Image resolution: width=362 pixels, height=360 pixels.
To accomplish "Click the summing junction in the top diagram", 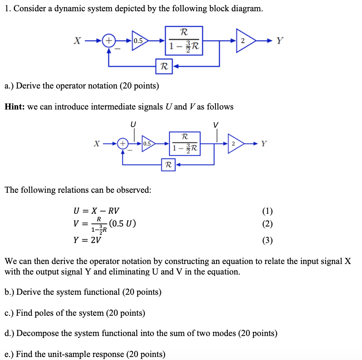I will click(x=109, y=40).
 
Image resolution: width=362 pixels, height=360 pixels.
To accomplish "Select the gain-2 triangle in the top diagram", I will click(x=244, y=41).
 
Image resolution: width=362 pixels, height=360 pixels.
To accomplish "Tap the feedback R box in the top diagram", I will click(x=164, y=66).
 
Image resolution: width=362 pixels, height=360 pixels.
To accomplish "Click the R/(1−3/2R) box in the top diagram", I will click(x=184, y=40).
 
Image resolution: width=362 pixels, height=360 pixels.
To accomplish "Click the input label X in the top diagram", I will click(x=77, y=41).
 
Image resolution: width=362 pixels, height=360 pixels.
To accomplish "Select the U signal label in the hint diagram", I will click(x=133, y=123).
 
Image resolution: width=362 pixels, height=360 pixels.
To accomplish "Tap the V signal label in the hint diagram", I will click(x=215, y=124).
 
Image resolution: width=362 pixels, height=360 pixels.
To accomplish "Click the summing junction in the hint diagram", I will click(x=122, y=143).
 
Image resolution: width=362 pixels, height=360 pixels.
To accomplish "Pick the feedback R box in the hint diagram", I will click(x=168, y=164).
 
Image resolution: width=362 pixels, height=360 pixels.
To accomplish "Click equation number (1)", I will click(x=268, y=211).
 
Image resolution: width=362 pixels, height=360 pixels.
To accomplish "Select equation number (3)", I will click(x=268, y=240).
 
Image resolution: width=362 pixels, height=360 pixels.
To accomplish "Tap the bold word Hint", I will click(x=14, y=107).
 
